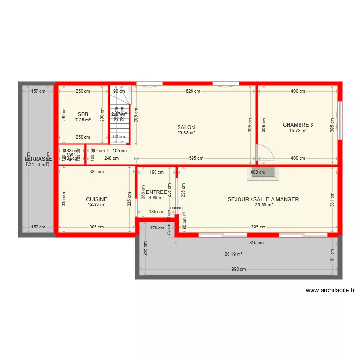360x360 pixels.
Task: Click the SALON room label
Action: [x=186, y=127]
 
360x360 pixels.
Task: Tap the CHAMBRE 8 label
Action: [x=298, y=125]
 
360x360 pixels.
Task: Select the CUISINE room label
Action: [x=96, y=199]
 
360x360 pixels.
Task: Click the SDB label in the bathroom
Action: [x=83, y=114]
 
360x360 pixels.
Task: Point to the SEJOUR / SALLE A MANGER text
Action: [x=263, y=199]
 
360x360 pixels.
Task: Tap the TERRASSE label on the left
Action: [x=38, y=159]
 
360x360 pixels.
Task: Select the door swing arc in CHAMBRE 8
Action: [x=266, y=154]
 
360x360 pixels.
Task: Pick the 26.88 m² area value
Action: [x=186, y=133]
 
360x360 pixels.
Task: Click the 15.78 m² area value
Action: [x=298, y=131]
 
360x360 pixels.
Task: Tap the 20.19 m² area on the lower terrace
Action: [x=234, y=254]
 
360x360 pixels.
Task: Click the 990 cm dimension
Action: [x=239, y=269]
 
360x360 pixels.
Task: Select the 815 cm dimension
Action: [x=256, y=243]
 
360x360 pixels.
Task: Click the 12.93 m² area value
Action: [x=96, y=205]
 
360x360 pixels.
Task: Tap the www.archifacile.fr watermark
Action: [x=330, y=290]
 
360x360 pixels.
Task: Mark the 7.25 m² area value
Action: [x=83, y=120]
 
